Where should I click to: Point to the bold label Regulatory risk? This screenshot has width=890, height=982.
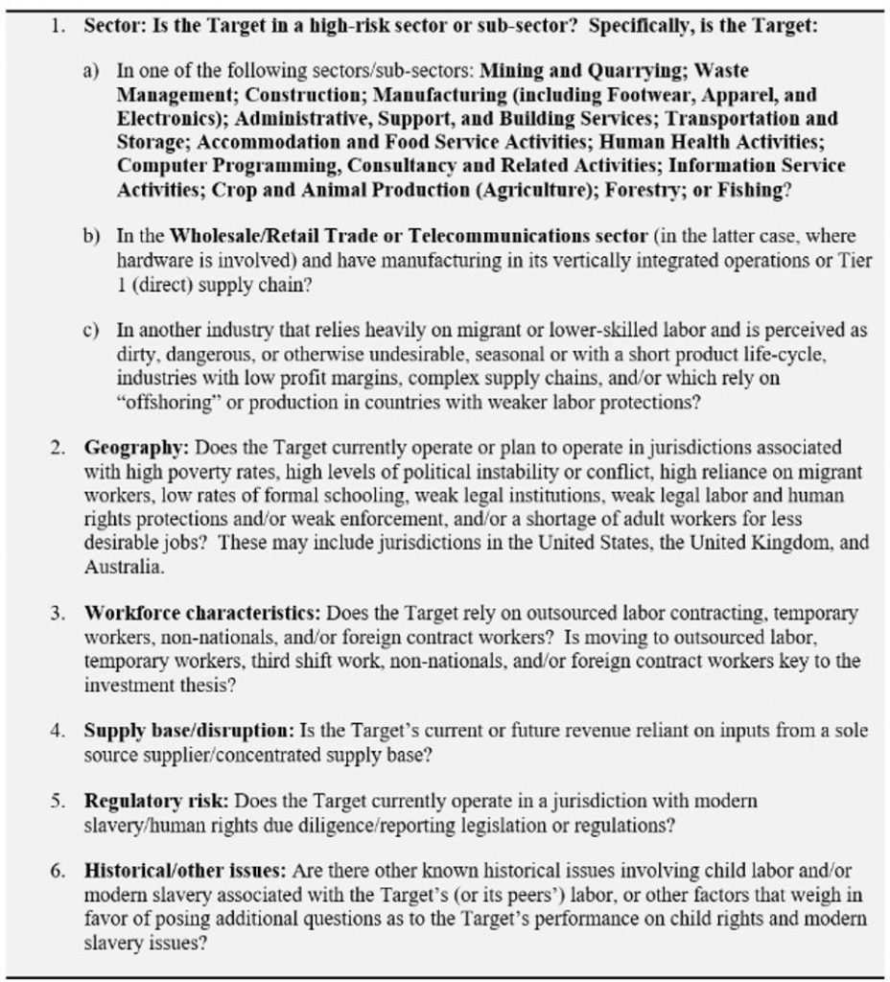pos(157,800)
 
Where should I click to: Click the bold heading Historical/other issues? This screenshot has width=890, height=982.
pos(185,871)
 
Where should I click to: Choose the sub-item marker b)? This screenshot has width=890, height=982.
pos(91,237)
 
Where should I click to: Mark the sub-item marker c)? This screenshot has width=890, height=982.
pos(91,331)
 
